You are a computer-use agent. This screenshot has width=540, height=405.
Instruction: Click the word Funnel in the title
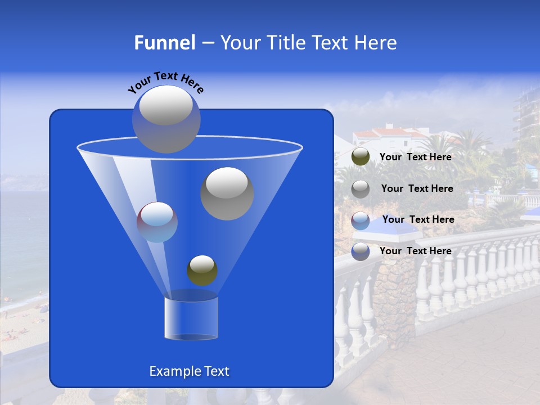point(164,43)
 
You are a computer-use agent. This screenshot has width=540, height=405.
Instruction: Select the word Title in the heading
point(285,43)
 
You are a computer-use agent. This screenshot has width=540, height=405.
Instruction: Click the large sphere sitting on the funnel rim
point(166,119)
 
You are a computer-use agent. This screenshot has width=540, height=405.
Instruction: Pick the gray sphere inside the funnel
point(227,193)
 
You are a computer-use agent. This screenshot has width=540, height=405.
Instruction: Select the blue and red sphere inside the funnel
point(157,222)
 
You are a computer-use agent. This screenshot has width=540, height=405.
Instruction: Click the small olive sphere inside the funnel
point(202,271)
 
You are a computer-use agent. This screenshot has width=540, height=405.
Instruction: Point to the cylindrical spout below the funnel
point(191,318)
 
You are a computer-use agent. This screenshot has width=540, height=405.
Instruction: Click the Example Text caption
point(190,371)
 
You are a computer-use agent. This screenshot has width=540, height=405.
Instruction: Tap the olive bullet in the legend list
point(361,157)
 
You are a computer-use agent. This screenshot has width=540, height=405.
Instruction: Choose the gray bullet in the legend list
point(361,189)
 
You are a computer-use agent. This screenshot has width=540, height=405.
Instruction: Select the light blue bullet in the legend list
point(361,220)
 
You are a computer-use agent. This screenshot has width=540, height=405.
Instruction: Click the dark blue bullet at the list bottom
point(361,251)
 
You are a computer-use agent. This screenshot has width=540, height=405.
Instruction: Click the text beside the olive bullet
point(415,157)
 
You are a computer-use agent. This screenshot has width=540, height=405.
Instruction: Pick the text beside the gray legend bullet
point(417,188)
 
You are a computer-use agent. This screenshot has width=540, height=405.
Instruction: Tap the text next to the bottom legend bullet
point(415,251)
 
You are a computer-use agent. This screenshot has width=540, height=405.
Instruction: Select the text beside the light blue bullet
point(418,219)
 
